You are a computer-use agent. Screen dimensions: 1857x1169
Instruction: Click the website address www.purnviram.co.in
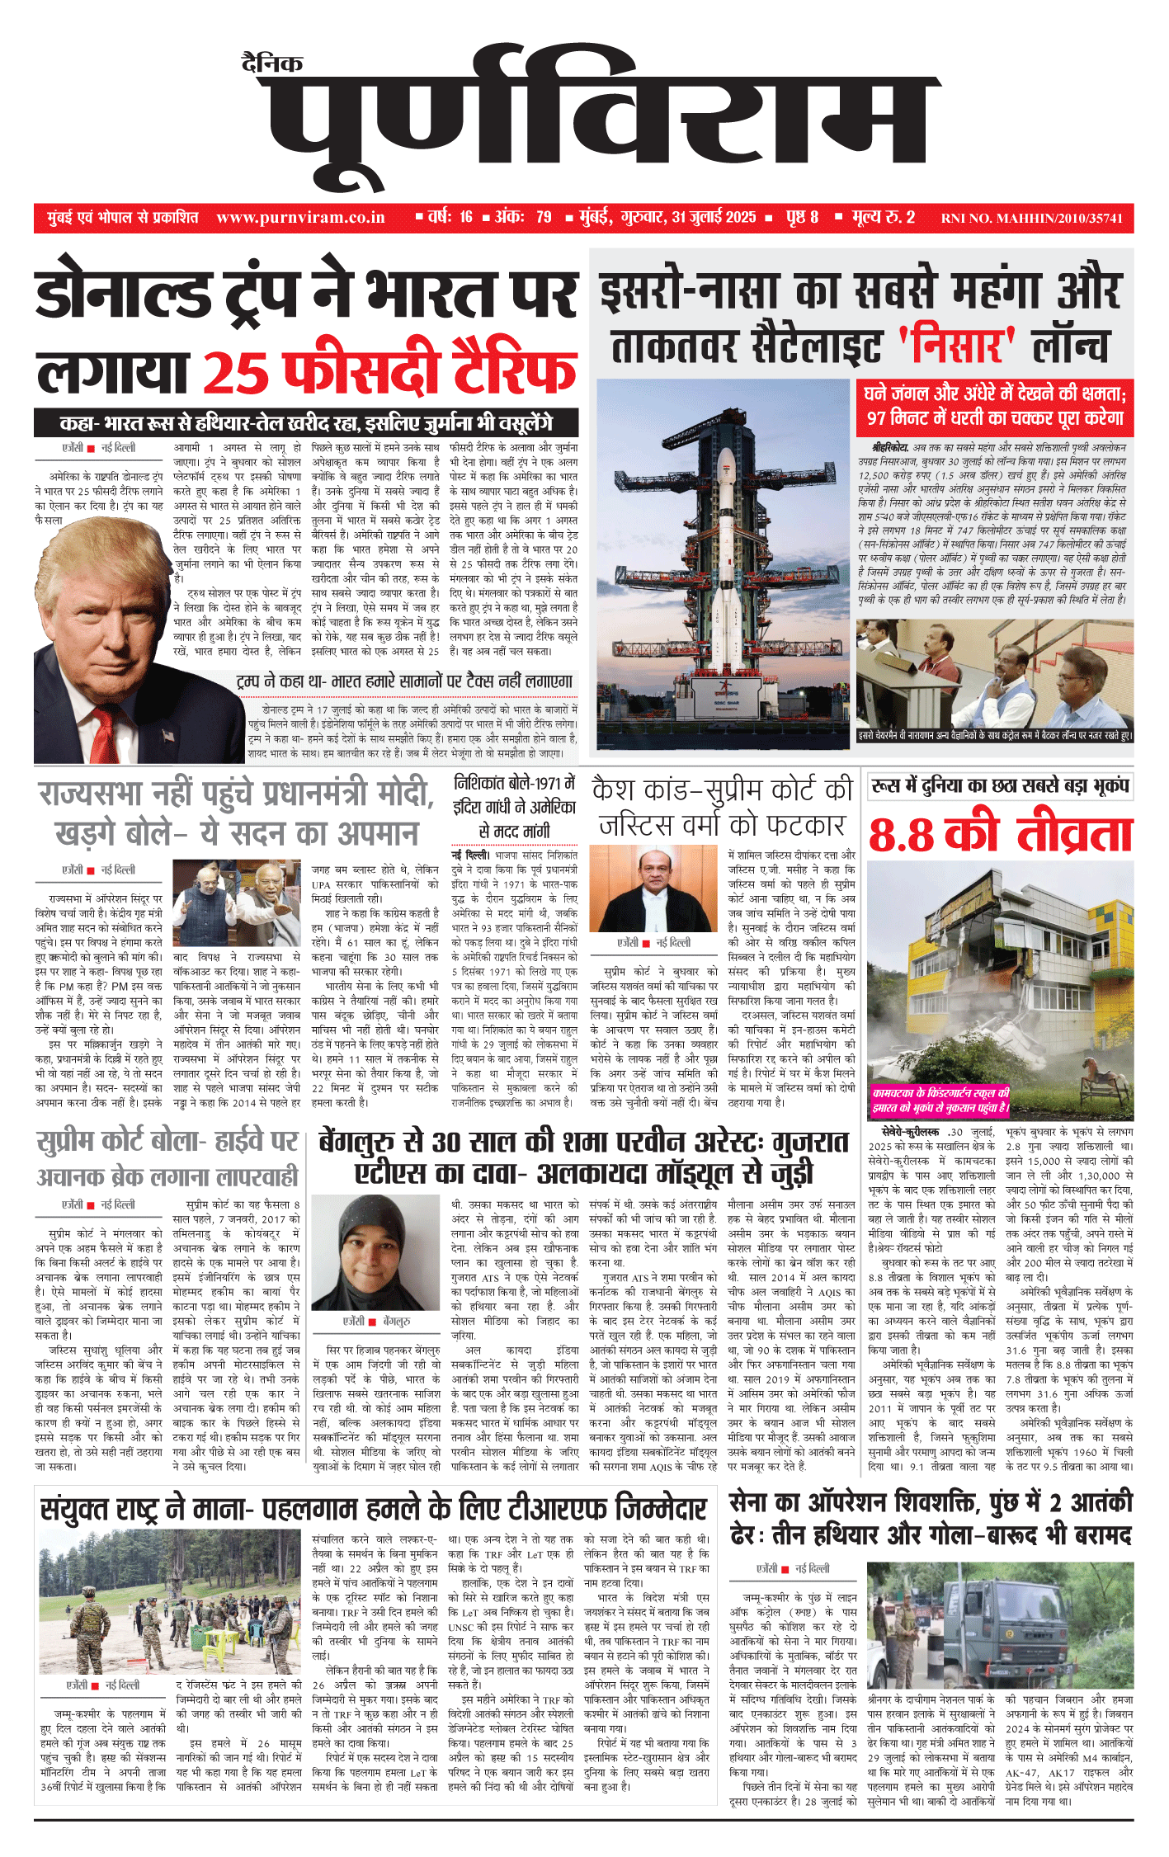300,218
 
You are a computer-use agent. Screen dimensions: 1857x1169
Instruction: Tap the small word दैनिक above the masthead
272,63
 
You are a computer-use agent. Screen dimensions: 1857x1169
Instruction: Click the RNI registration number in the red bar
1031,219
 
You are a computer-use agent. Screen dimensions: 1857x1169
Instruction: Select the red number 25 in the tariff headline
233,373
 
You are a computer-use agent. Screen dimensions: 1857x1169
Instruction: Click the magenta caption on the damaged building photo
940,1101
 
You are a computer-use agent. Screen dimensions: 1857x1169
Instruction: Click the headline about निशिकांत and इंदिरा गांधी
515,807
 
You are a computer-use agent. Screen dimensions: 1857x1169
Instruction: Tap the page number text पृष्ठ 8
802,218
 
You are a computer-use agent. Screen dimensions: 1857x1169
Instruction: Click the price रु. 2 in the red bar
899,218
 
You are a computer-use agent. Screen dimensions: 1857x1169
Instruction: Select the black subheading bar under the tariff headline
306,423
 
